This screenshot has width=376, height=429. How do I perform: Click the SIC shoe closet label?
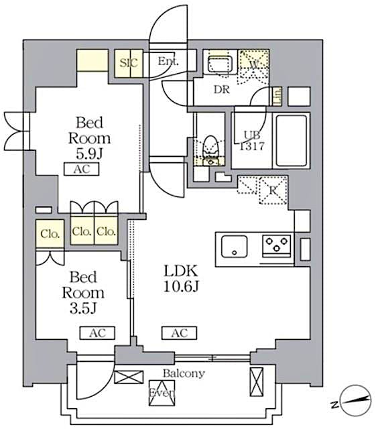[x=128, y=63]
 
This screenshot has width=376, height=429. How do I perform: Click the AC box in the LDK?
[x=179, y=332]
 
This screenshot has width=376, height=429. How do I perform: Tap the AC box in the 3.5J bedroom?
[x=97, y=332]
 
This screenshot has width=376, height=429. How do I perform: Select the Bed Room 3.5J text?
[x=83, y=293]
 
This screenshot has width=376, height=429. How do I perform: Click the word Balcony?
[x=183, y=373]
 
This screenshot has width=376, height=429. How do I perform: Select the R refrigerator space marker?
[x=272, y=190]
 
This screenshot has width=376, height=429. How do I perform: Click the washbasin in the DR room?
[x=218, y=66]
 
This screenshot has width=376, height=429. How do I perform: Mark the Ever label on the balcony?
[x=162, y=393]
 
